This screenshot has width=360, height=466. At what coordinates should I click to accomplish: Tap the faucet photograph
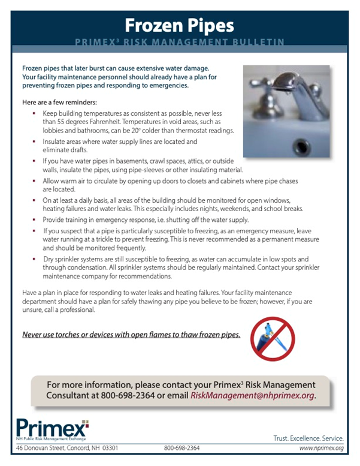click(x=286, y=111)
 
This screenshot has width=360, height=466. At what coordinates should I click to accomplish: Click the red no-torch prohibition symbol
click(x=273, y=339)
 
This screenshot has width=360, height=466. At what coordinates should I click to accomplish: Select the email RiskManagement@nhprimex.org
click(x=252, y=396)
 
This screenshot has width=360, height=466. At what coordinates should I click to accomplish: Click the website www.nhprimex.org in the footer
click(x=321, y=448)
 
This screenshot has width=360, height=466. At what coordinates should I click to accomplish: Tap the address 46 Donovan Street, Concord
click(x=67, y=448)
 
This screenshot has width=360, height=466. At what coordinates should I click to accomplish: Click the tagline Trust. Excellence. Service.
click(x=308, y=438)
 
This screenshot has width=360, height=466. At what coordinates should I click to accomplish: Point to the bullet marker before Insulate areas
click(x=35, y=142)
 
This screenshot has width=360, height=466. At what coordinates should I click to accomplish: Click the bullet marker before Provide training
click(x=35, y=220)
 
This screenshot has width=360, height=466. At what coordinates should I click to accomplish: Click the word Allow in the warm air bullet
click(x=52, y=181)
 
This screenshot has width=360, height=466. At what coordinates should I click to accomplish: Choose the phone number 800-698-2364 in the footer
click(x=181, y=448)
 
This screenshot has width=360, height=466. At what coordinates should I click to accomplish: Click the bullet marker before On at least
click(x=35, y=200)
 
